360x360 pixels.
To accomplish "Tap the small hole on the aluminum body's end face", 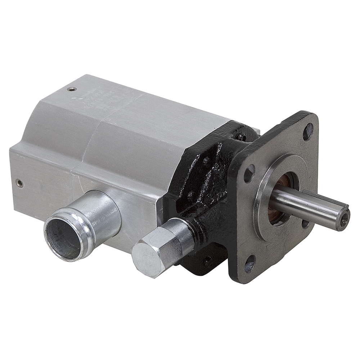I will pos(20,183).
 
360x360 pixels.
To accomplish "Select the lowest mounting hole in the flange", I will pos(250,266).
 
